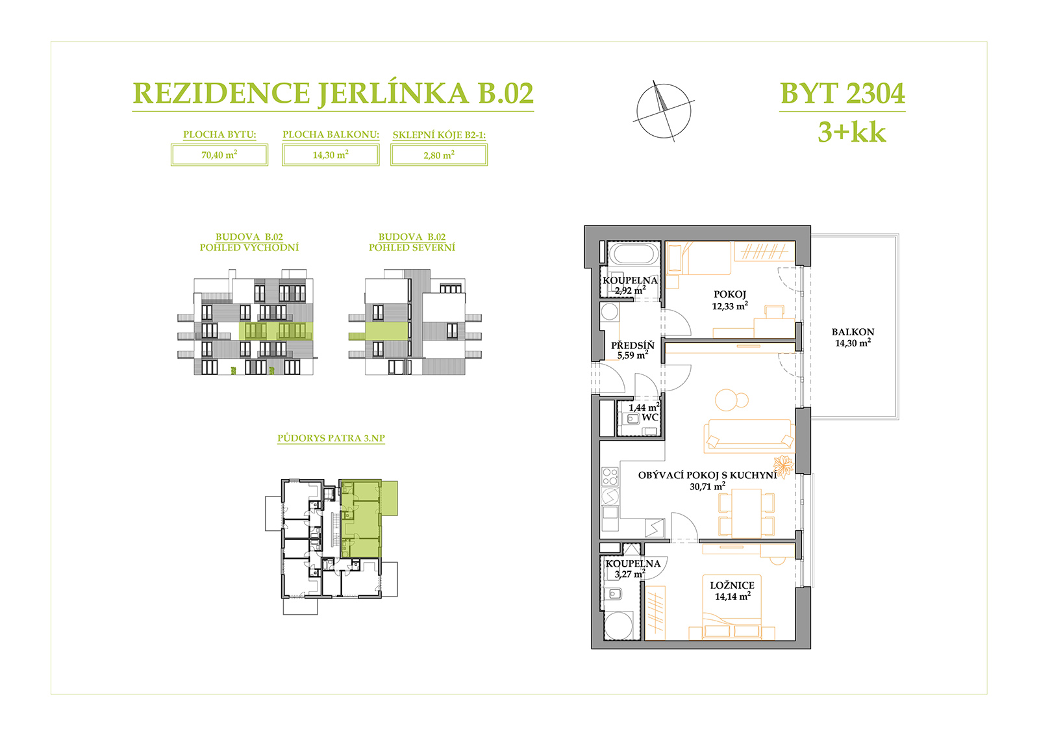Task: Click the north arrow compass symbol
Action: click(663, 111)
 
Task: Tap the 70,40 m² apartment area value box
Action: click(219, 155)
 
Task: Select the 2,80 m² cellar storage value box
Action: click(439, 155)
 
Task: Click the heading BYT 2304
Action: click(842, 94)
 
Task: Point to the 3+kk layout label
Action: click(851, 133)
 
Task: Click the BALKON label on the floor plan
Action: click(853, 332)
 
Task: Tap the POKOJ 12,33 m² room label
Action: click(730, 300)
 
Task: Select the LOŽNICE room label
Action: click(732, 586)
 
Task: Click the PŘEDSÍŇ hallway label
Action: click(632, 345)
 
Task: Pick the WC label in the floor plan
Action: click(649, 417)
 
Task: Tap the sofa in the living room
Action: click(749, 435)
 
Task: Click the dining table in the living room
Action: click(746, 513)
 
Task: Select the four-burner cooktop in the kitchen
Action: click(610, 476)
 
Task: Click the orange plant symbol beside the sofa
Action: click(783, 466)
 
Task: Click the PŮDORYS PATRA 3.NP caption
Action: click(331, 438)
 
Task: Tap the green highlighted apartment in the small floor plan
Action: click(361, 519)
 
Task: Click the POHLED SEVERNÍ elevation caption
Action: click(412, 248)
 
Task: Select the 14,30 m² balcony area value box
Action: click(331, 155)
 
